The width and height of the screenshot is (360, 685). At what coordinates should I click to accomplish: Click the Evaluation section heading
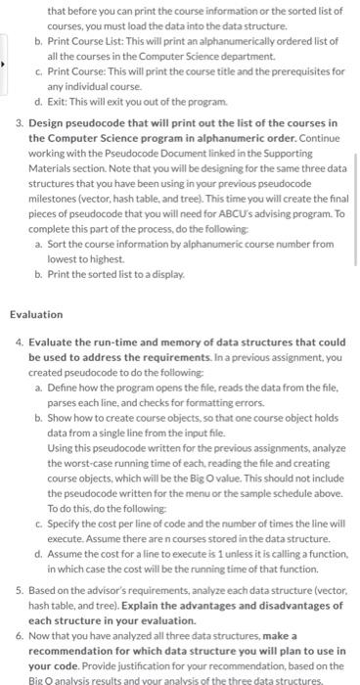click(36, 315)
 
